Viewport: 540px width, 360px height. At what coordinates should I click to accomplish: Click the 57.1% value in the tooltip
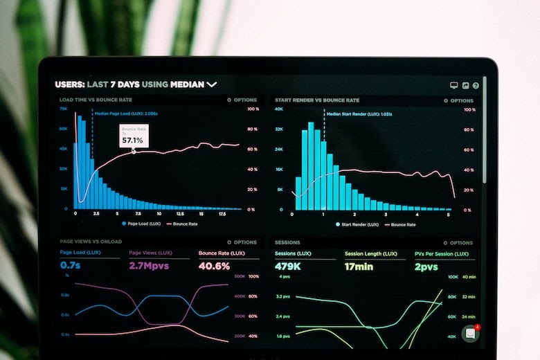[x=132, y=140]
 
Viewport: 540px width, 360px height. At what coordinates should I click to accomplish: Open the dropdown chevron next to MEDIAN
[x=212, y=84]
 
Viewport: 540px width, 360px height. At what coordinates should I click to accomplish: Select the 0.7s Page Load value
[x=71, y=265]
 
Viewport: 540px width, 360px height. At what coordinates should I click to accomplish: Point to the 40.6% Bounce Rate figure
[x=214, y=266]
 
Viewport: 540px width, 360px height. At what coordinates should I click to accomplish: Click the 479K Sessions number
[x=287, y=266]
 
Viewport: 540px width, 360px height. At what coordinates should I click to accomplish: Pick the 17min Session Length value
[x=359, y=266]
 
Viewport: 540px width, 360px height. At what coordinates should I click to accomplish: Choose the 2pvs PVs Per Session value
[x=426, y=266]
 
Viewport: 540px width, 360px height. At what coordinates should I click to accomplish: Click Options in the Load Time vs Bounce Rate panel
[x=242, y=100]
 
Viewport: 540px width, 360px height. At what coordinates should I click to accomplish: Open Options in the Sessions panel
[x=458, y=243]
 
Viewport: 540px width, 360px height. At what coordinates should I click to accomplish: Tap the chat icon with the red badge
[x=470, y=334]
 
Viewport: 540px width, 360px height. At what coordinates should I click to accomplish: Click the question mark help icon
[x=476, y=85]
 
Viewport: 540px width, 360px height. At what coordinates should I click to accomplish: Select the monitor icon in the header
[x=454, y=85]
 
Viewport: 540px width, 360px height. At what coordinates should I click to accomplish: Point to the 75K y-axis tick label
[x=63, y=109]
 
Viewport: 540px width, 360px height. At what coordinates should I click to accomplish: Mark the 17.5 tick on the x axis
[x=222, y=215]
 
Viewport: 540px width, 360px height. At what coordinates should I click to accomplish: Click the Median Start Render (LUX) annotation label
[x=359, y=114]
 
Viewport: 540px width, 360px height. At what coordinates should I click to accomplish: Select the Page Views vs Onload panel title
[x=91, y=242]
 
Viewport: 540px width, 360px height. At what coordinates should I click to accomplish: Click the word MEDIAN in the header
[x=187, y=84]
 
